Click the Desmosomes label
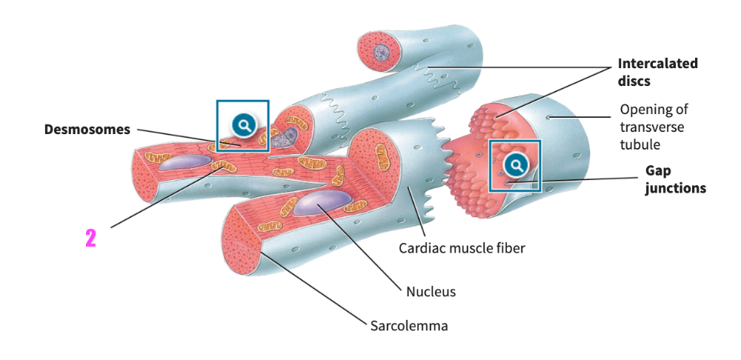pos(87,130)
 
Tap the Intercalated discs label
pos(657,72)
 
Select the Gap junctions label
pos(674,179)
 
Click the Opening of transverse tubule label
pos(654,127)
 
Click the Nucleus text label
pos(431,291)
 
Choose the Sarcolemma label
pos(409,325)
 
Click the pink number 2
pos(91,239)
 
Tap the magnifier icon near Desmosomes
pos(242,125)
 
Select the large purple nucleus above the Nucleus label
pos(323,202)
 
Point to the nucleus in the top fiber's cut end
pos(381,53)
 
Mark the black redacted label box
pos(91,239)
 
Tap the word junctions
pos(674,188)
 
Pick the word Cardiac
pos(422,248)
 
